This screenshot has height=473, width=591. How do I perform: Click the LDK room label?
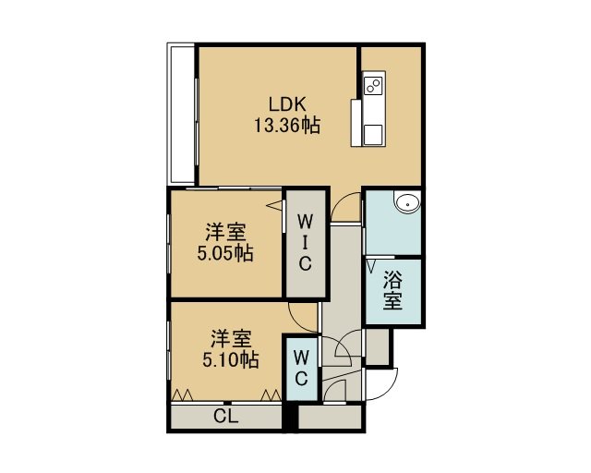click(x=287, y=104)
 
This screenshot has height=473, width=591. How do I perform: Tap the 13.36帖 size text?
click(x=287, y=125)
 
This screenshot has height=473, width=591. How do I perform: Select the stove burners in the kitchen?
click(x=374, y=85)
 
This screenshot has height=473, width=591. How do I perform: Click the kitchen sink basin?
click(x=374, y=135)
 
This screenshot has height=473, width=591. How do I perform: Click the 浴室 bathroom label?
click(x=393, y=290)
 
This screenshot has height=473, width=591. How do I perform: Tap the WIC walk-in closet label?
click(x=306, y=243)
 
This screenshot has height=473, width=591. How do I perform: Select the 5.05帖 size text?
click(x=225, y=253)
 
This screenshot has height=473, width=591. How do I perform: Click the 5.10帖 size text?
click(x=231, y=359)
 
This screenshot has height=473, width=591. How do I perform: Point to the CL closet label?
click(x=226, y=417)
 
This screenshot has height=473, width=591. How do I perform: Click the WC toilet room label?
click(x=302, y=368)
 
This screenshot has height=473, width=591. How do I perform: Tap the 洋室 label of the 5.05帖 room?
click(x=225, y=232)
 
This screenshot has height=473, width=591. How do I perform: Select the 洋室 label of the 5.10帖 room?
click(x=231, y=338)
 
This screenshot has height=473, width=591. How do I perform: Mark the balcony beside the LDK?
click(x=181, y=115)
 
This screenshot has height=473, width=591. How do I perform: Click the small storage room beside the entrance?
click(x=378, y=347)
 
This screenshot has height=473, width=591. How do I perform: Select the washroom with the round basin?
click(x=393, y=223)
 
